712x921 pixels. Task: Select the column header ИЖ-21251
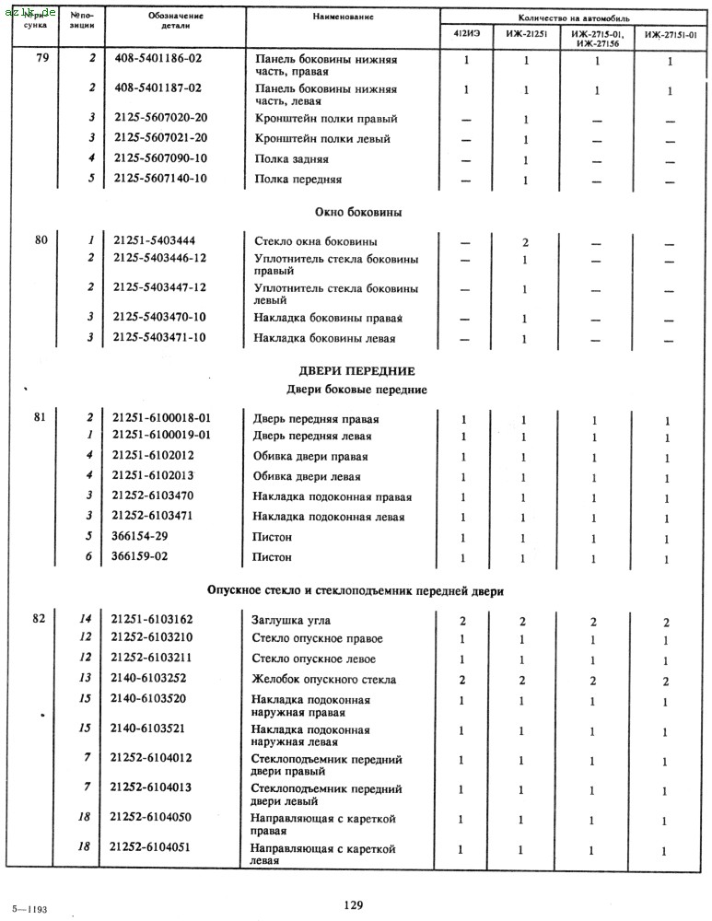(x=524, y=35)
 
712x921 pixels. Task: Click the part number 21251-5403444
(x=155, y=240)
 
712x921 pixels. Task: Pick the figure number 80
(x=41, y=240)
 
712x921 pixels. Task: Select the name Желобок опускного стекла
(x=324, y=680)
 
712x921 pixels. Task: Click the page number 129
(x=354, y=904)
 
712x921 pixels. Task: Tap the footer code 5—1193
(x=29, y=909)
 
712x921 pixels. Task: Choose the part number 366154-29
(x=146, y=537)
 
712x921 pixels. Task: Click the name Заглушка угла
(x=292, y=620)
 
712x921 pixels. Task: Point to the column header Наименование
(x=343, y=17)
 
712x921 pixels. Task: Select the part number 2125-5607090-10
(x=160, y=158)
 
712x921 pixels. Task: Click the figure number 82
(x=39, y=618)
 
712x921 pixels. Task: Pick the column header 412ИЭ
(x=466, y=35)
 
